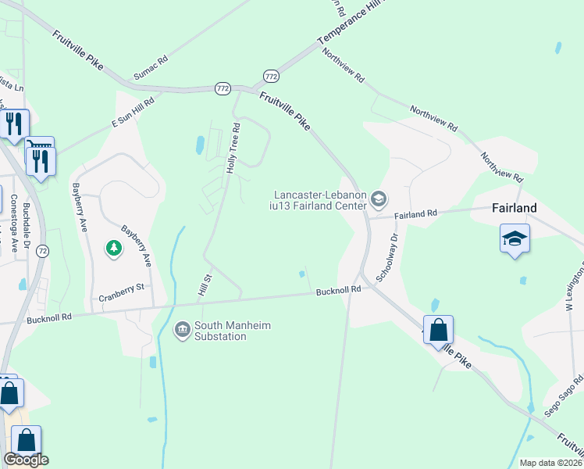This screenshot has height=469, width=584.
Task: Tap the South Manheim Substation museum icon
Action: point(183,330)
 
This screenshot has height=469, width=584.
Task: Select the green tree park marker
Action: point(114,249)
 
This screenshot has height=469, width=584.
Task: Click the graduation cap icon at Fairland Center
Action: point(378,199)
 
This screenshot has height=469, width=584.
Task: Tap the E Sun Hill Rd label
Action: point(133,111)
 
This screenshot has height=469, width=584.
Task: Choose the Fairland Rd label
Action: point(415,213)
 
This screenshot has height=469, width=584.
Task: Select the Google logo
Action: point(26,460)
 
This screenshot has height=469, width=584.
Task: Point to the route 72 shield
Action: point(42,251)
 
